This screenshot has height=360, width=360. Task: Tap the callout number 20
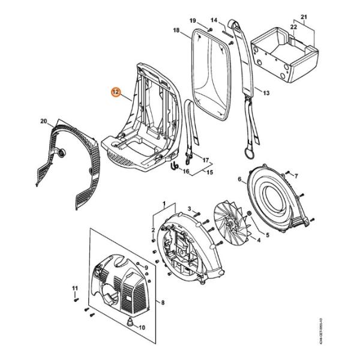click(43, 122)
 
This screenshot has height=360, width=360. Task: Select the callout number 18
click(176, 31)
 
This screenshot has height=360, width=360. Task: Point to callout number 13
click(266, 93)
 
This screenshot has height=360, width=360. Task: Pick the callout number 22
click(294, 26)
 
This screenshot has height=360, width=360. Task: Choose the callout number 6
click(239, 179)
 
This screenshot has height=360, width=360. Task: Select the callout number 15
click(210, 173)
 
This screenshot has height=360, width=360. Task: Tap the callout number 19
click(193, 21)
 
